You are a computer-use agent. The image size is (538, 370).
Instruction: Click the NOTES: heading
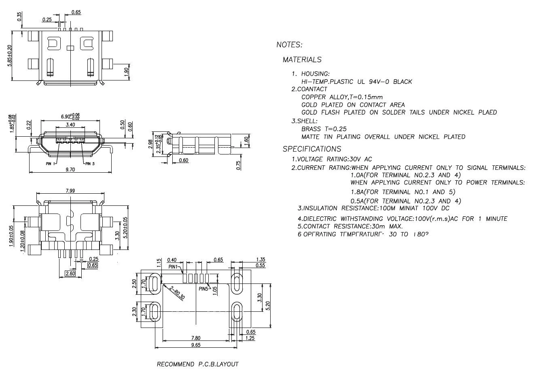coord(289,45)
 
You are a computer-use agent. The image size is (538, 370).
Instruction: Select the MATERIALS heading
coord(302,60)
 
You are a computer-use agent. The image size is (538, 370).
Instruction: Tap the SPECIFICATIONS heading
coord(312,149)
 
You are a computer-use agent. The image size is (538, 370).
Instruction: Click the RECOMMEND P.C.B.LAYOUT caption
coord(197,364)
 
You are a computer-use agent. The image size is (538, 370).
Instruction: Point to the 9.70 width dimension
coord(70,170)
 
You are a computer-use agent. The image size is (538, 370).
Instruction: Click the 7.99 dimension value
coord(70,191)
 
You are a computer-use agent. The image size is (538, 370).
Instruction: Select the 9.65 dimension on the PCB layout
coord(196,345)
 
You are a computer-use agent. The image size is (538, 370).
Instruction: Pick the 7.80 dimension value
coord(196,338)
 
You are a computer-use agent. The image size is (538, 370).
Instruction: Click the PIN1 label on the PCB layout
coord(174,267)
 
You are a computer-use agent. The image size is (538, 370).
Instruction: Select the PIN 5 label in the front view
coord(90,164)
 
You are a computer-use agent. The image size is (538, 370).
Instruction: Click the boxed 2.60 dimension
coord(70,274)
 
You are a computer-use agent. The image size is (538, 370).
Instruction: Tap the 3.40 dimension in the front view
coord(70,125)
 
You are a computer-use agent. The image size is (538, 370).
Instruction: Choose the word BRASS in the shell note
coord(311,129)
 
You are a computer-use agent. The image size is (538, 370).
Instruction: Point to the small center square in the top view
coord(70,48)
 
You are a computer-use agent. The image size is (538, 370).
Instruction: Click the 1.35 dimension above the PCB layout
coord(261,260)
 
